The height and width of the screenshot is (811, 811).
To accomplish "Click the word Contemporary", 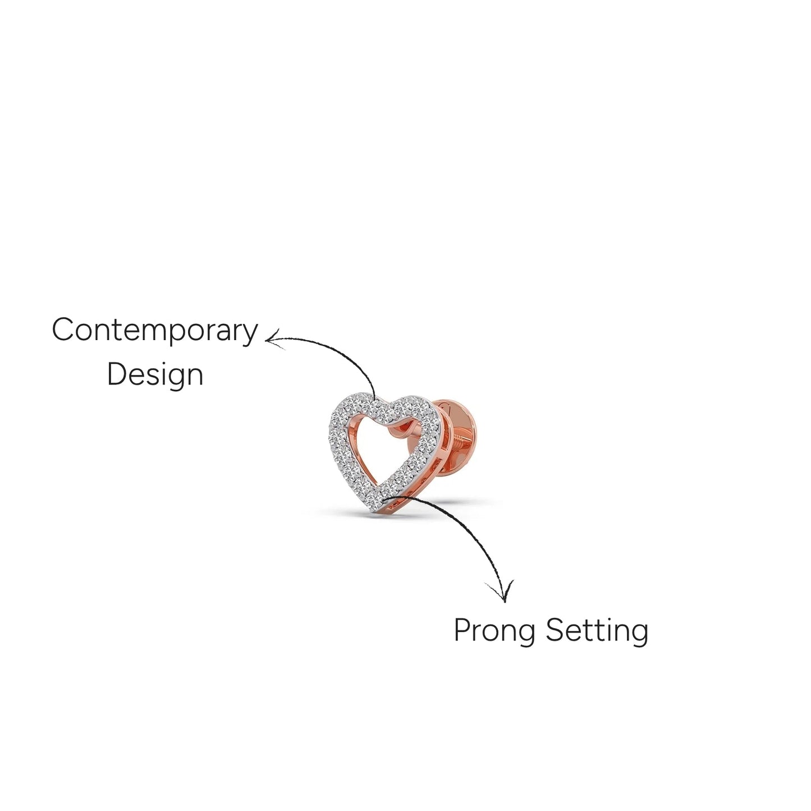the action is pos(155,331).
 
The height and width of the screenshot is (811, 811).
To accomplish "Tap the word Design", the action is pos(155,374).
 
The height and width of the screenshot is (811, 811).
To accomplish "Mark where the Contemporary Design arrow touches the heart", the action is pos(375,397).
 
